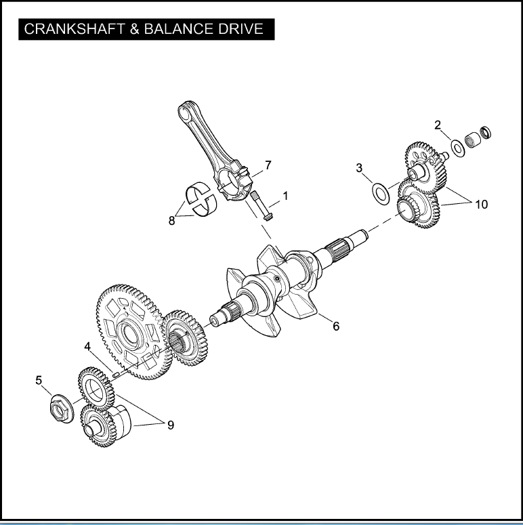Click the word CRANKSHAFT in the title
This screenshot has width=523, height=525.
(x=75, y=29)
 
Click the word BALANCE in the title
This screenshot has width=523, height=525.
(x=178, y=29)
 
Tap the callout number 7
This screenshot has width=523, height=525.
(x=268, y=165)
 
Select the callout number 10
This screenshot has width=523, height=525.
(x=482, y=204)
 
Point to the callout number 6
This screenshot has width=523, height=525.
(x=336, y=326)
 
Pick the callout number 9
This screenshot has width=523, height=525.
(x=171, y=425)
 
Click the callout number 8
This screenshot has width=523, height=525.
(x=171, y=221)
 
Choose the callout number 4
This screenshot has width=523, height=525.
(x=87, y=347)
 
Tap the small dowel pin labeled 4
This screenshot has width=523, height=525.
(x=117, y=375)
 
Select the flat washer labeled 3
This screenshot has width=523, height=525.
(x=381, y=194)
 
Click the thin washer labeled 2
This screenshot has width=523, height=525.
(x=457, y=148)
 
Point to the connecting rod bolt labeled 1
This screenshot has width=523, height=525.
(x=261, y=205)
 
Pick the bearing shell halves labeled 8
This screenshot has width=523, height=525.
(x=201, y=199)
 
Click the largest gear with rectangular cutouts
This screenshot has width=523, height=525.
(x=134, y=332)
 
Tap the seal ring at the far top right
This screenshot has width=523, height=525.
(x=486, y=132)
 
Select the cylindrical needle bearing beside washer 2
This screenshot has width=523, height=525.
(x=473, y=140)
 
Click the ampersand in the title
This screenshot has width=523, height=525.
(x=135, y=29)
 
